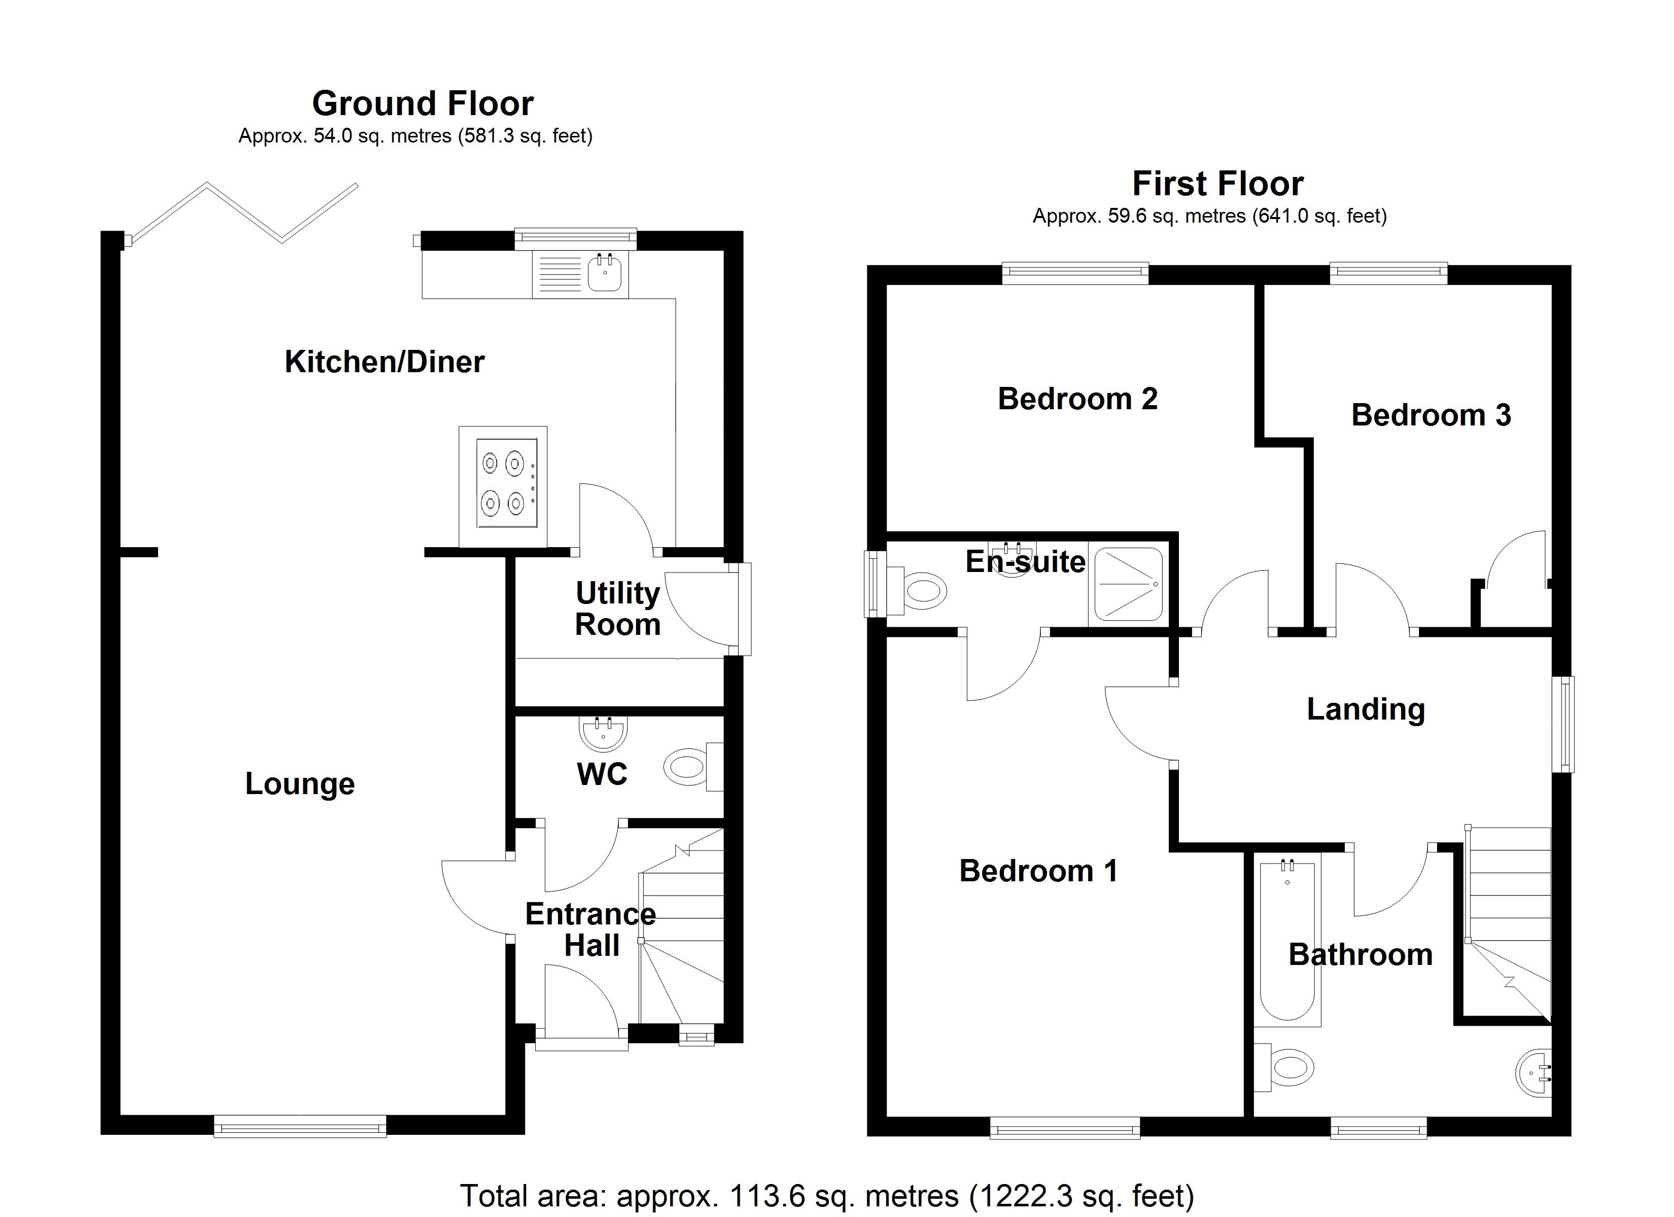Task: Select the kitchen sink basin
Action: (x=605, y=274)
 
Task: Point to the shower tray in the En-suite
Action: (x=1127, y=583)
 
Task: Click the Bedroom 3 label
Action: (x=1431, y=415)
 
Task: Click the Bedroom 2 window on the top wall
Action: (x=1075, y=274)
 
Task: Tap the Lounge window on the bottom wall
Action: (x=300, y=1126)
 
